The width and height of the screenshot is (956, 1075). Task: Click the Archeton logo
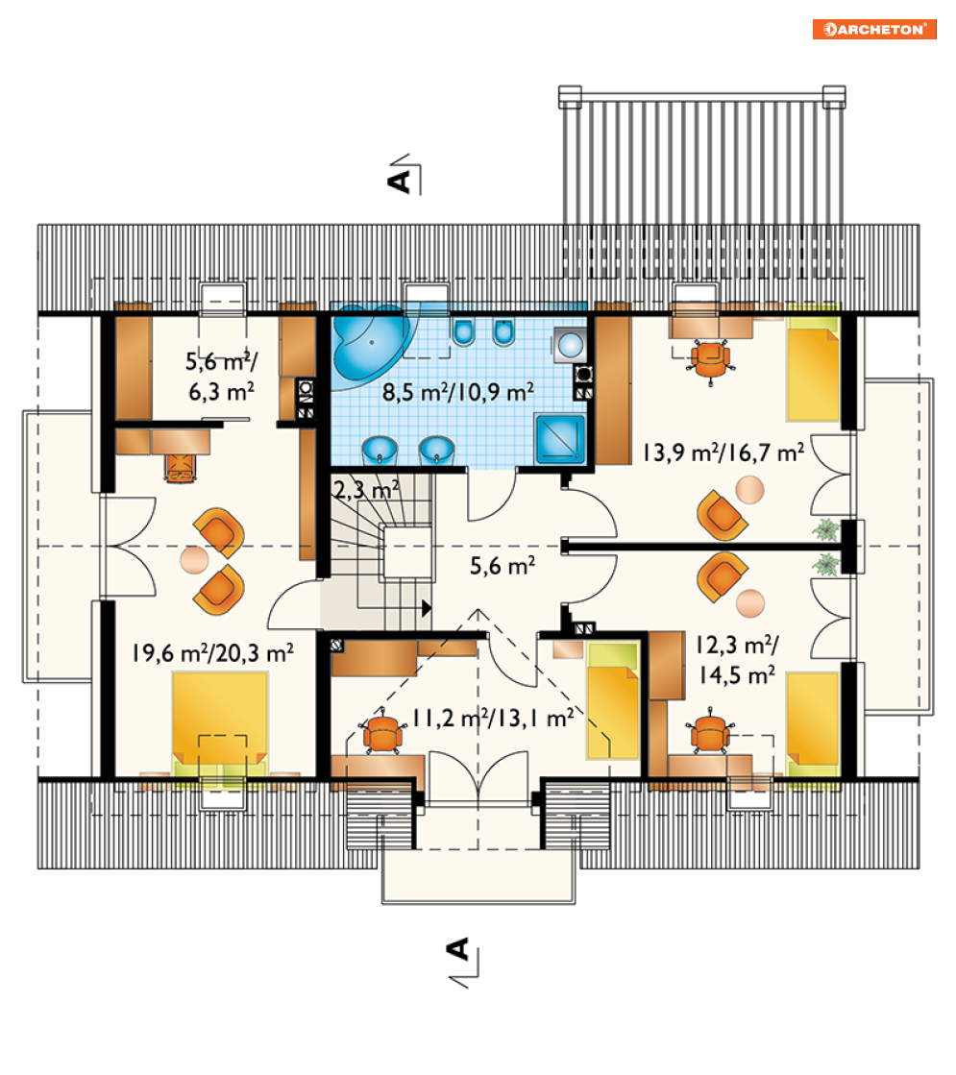click(x=873, y=29)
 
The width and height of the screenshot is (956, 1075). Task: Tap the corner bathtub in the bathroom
click(x=370, y=344)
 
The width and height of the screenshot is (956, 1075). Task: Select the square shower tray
click(x=559, y=438)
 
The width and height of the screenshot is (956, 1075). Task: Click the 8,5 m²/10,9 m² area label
click(x=458, y=392)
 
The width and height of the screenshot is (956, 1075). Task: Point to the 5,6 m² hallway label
click(x=503, y=566)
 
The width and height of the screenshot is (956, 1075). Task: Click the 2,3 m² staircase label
click(x=366, y=490)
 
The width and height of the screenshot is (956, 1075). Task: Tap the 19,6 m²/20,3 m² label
click(x=212, y=652)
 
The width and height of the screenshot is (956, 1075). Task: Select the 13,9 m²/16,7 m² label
click(x=723, y=452)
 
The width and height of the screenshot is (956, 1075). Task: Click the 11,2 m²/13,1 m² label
click(x=493, y=718)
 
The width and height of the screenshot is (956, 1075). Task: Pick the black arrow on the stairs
click(x=427, y=607)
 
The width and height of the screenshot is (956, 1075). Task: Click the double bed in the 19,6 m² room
click(x=219, y=723)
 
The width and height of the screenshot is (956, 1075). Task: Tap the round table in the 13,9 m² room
click(x=749, y=490)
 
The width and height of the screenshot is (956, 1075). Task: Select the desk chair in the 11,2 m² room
click(x=381, y=734)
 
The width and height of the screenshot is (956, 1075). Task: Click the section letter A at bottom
click(x=457, y=949)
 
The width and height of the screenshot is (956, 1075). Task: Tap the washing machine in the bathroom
click(x=570, y=344)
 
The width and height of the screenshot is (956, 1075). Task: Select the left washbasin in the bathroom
click(x=380, y=451)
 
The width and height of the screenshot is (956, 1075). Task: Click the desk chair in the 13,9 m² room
click(x=710, y=359)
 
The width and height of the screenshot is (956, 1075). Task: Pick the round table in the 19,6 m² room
click(x=194, y=560)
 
